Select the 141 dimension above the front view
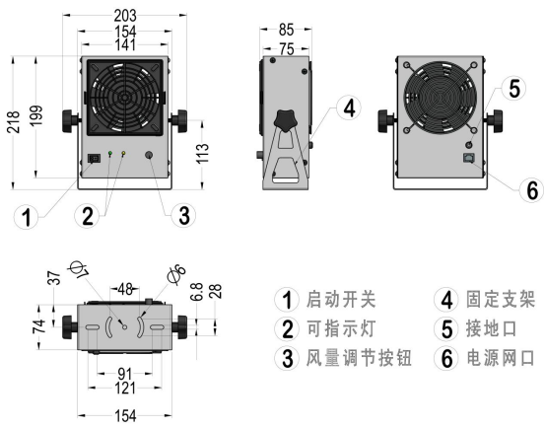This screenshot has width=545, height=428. click(124, 43)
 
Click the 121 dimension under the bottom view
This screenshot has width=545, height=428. click(124, 390)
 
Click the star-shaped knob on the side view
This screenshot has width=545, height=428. click(287, 123)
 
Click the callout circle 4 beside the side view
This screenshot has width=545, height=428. click(346, 107)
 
